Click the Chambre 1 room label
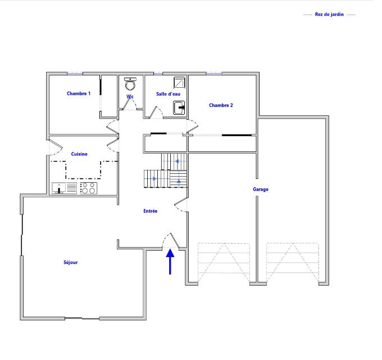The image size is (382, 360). [x=79, y=94]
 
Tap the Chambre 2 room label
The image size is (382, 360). [x=221, y=105]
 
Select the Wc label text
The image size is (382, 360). [x=130, y=97]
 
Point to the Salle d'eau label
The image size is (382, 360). [x=168, y=94]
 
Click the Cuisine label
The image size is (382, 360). [x=79, y=154]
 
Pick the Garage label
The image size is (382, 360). [x=261, y=190]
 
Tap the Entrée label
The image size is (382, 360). [x=150, y=211]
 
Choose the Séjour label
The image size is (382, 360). [x=71, y=262]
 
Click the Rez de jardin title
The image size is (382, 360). [x=330, y=15]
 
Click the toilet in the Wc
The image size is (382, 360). [x=130, y=84]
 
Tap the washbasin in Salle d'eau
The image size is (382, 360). [x=179, y=107]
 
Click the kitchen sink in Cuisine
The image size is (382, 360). [x=65, y=188]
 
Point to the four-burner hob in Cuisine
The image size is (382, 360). [x=88, y=188]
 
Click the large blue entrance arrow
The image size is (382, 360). [x=170, y=262]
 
